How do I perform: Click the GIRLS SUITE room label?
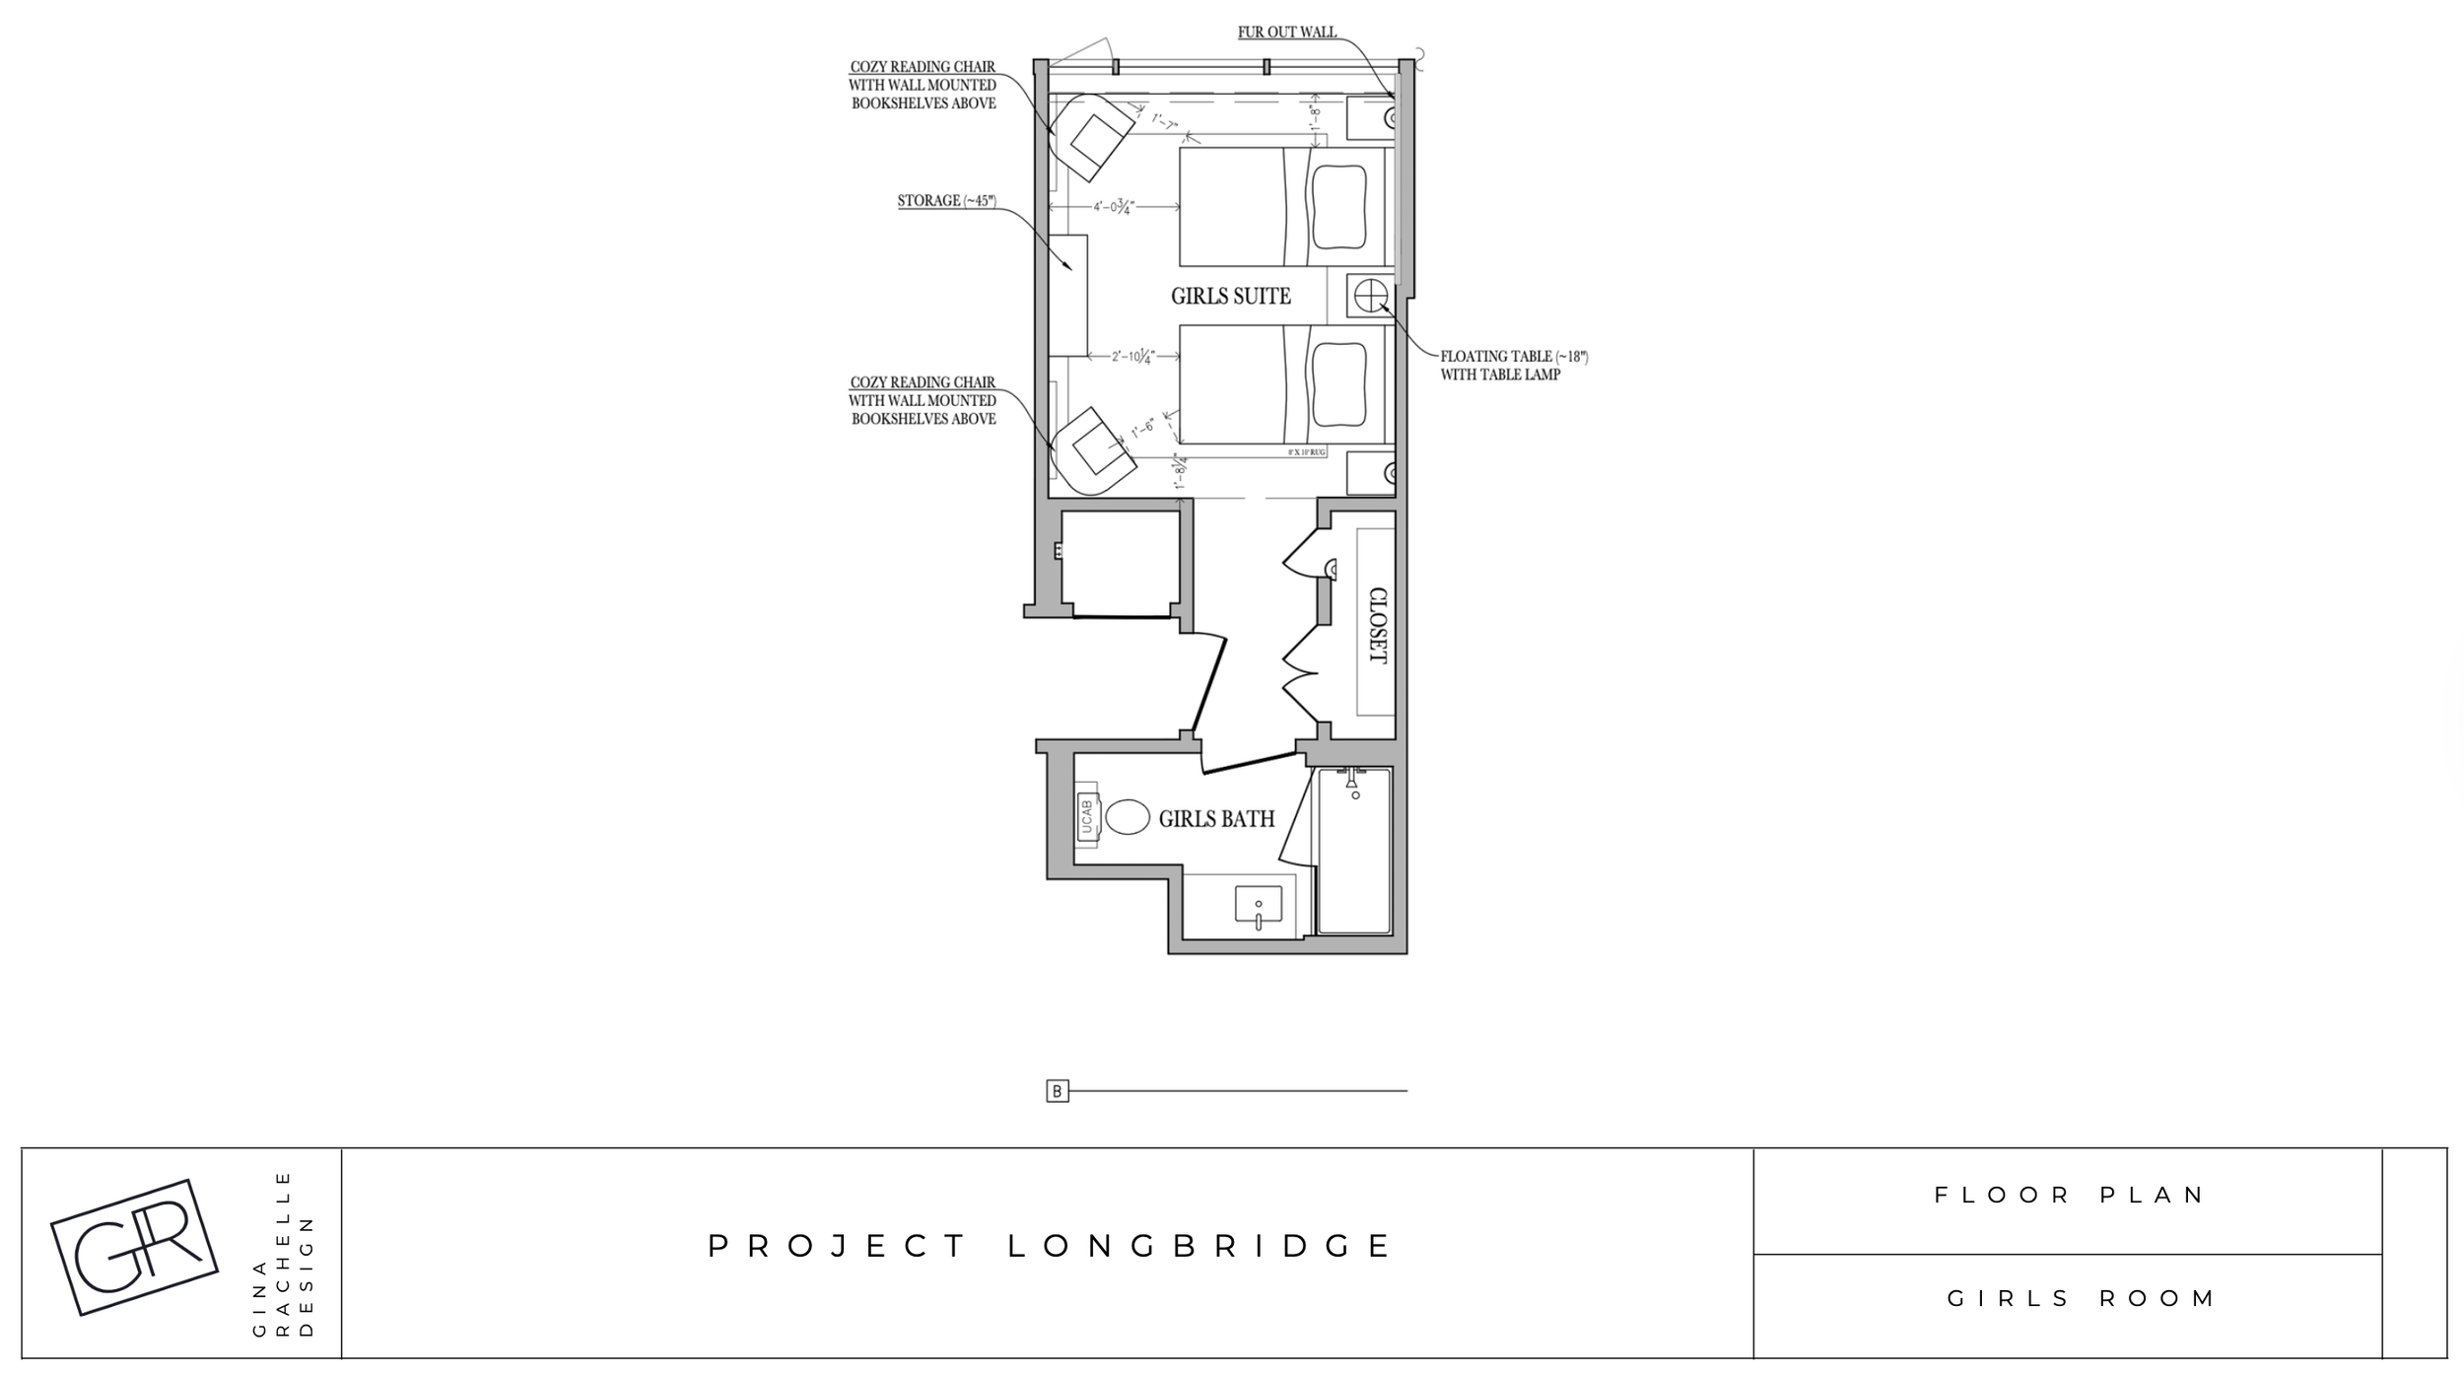tap(1230, 296)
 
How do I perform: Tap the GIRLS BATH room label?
tap(1216, 818)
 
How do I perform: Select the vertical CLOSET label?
tap(1377, 625)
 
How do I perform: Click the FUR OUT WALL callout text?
tap(1287, 33)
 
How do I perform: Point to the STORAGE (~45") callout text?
tap(946, 201)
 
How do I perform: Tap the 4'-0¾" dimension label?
tap(1114, 207)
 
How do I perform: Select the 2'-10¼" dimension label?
tap(1133, 356)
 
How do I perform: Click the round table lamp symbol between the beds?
tap(1370, 295)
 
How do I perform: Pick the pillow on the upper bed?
tap(1337, 207)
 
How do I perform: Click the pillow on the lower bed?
tap(1337, 384)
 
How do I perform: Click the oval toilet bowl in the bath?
tap(1128, 817)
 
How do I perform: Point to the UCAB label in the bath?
tap(1087, 817)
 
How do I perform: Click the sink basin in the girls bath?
tap(1259, 905)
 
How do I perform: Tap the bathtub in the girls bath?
tap(1354, 850)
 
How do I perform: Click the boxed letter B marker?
tap(1057, 1091)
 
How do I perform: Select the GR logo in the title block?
tap(134, 1247)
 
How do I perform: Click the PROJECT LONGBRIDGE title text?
tap(1049, 1247)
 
